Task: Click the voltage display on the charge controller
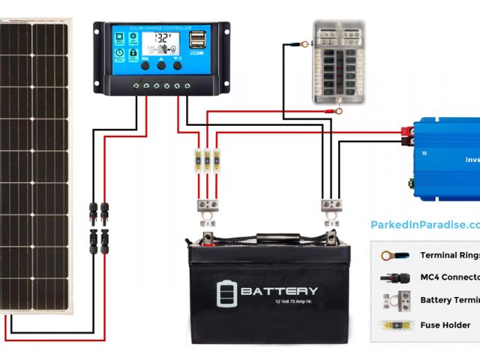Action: click(161, 40)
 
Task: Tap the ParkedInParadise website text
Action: click(424, 224)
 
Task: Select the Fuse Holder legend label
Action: click(445, 325)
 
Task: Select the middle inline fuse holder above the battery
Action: click(208, 160)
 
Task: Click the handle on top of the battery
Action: click(277, 238)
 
